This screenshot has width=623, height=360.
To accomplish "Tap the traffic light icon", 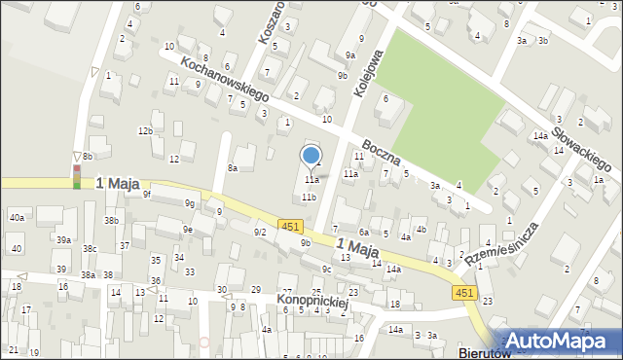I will (77, 175).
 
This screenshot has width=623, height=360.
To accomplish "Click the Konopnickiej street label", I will (311, 302).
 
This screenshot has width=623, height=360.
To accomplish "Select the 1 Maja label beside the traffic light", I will (118, 183).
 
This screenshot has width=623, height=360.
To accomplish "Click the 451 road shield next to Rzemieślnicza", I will (463, 292).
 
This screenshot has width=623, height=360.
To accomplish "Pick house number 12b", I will (145, 130).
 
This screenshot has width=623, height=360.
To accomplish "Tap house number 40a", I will (18, 217).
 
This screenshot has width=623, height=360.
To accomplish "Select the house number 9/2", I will (260, 232).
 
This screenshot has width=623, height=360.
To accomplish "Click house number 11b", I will (309, 197).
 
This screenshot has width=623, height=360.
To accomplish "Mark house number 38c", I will (90, 249).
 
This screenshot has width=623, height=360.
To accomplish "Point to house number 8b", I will (88, 156).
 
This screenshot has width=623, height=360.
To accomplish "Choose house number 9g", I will (191, 203).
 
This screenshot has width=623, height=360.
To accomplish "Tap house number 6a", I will (363, 233).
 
